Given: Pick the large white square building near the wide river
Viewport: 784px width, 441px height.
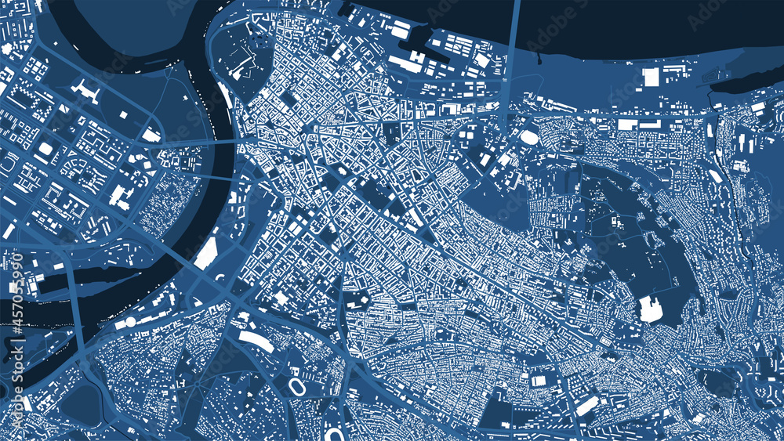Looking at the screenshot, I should pyautogui.click(x=651, y=77).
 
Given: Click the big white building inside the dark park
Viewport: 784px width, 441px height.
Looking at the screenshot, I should pyautogui.click(x=651, y=309).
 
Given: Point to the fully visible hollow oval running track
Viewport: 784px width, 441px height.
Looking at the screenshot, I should pyautogui.click(x=297, y=386).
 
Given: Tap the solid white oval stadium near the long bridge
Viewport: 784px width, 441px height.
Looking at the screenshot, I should pyautogui.click(x=530, y=138).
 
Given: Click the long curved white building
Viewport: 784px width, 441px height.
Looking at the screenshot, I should pyautogui.click(x=256, y=340).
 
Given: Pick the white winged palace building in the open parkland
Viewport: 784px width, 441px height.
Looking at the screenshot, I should pyautogui.click(x=85, y=91).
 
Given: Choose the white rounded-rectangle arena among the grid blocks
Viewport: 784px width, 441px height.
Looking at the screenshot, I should pyautogui.click(x=45, y=149).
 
